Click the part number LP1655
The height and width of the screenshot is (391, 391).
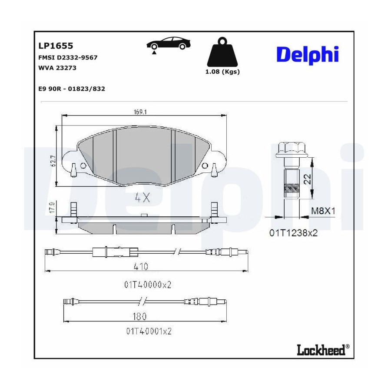(x=56, y=46)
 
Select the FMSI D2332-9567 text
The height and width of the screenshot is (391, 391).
(x=68, y=58)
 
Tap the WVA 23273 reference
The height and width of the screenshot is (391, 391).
(x=57, y=68)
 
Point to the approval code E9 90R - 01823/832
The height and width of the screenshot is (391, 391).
(x=72, y=89)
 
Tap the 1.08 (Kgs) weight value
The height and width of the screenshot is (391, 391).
(x=222, y=72)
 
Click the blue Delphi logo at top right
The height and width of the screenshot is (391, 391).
(x=308, y=55)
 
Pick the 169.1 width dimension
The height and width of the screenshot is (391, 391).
(x=140, y=112)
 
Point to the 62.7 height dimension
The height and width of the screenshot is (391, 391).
(x=53, y=161)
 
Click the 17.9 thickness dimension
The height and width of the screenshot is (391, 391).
(x=52, y=208)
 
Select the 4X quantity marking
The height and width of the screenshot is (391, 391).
(x=142, y=198)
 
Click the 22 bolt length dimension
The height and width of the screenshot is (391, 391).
(x=308, y=179)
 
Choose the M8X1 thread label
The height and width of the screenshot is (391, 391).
(x=323, y=211)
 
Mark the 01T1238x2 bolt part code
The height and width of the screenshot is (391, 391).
(x=294, y=233)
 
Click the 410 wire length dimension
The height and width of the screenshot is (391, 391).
(x=141, y=267)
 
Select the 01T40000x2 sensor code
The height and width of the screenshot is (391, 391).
(x=148, y=285)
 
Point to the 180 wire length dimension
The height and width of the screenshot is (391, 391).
(x=139, y=316)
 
